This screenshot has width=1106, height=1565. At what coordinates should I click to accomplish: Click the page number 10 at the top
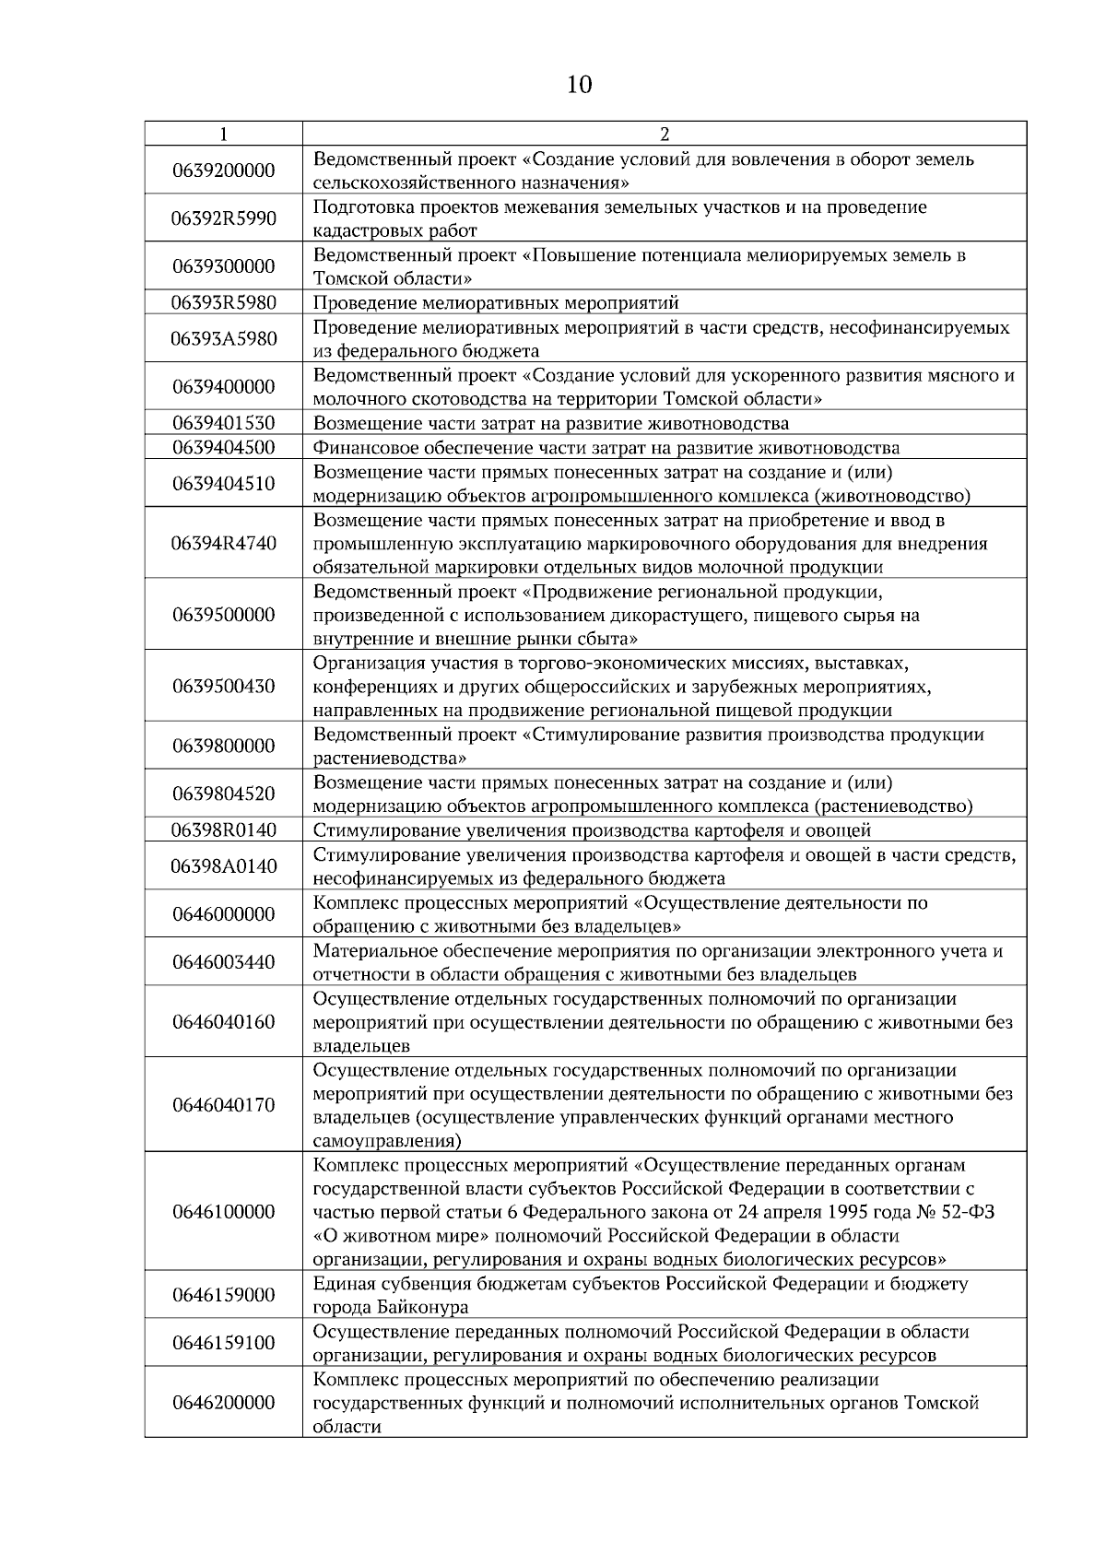tap(579, 86)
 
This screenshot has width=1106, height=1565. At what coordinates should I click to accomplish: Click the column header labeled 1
tap(223, 134)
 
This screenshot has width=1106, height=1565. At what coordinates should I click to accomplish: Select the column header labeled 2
tap(665, 134)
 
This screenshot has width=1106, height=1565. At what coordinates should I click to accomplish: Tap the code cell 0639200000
tap(223, 171)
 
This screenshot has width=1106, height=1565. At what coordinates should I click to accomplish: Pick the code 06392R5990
tap(223, 218)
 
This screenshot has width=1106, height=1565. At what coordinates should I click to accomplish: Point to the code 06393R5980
tap(223, 302)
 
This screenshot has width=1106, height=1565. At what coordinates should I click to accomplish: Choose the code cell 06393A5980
tap(223, 338)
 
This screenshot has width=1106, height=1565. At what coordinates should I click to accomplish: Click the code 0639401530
tap(223, 423)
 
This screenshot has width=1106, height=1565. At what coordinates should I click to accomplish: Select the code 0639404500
tap(223, 448)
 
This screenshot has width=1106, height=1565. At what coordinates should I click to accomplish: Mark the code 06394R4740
tap(223, 543)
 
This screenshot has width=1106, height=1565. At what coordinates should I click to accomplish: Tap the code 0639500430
tap(223, 687)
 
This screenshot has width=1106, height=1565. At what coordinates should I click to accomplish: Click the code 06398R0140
tap(223, 830)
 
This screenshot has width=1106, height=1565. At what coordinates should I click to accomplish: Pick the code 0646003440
tap(223, 962)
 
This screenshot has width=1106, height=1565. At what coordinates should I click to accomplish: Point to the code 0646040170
tap(223, 1105)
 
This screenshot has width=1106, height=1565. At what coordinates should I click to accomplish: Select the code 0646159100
tap(223, 1343)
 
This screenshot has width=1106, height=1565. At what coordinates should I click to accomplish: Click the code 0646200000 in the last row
tap(223, 1403)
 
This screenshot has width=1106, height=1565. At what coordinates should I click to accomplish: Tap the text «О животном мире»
tap(399, 1236)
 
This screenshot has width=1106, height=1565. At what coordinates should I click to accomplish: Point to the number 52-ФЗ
tap(965, 1212)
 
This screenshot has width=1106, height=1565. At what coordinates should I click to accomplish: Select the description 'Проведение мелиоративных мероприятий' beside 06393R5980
tap(496, 302)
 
